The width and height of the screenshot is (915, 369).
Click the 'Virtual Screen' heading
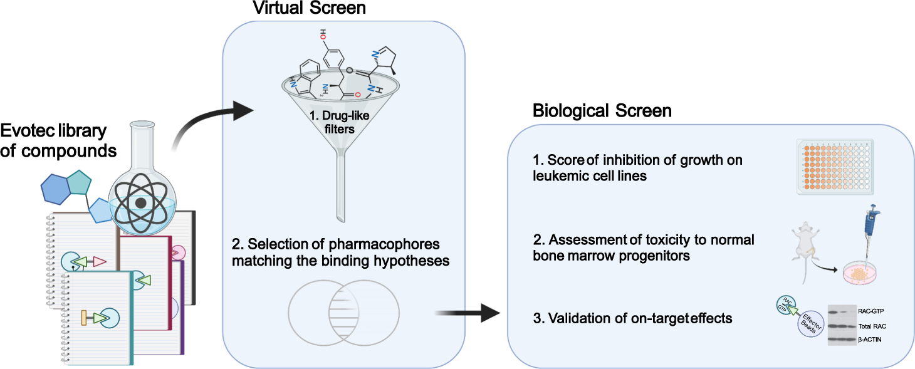pos(309,9)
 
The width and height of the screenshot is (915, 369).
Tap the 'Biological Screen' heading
pos(602,111)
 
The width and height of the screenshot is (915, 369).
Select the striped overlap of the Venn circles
pos(343,311)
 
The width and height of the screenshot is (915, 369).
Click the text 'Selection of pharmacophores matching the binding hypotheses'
pos(340,252)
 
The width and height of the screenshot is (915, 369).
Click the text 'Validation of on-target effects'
pos(633,318)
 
